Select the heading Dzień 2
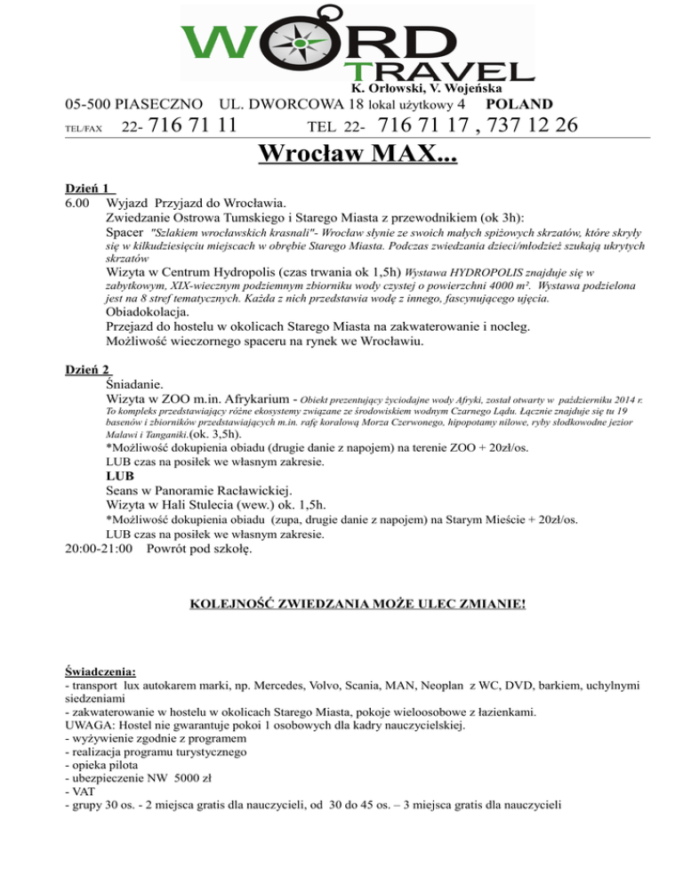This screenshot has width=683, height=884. click(92, 369)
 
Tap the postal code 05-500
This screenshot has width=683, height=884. click(92, 104)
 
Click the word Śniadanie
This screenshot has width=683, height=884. click(133, 384)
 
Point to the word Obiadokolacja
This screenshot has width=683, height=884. click(147, 312)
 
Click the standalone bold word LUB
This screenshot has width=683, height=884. click(120, 476)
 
